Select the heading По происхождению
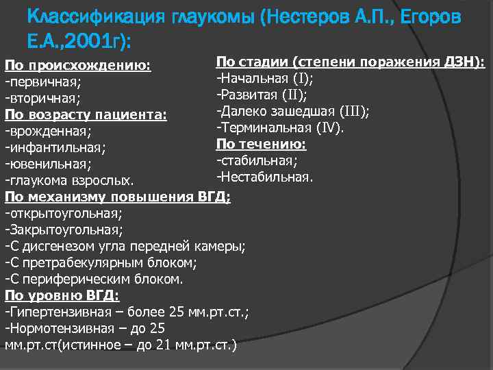coord(77,66)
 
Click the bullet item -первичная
coord(42,82)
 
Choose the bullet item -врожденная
coord(47,129)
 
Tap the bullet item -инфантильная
coord(55,146)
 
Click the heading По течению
coord(261,144)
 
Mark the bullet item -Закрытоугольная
coord(64,230)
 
